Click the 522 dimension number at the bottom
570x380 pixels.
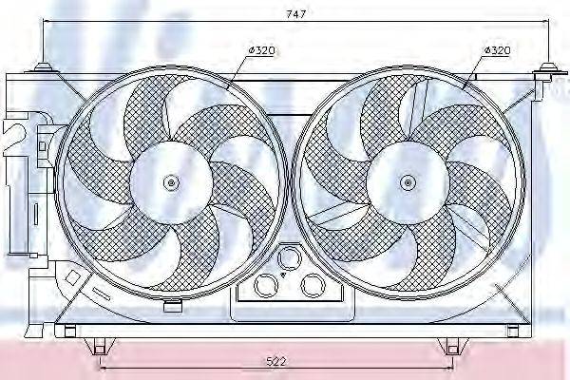pyautogui.click(x=275, y=360)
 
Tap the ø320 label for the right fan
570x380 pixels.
pyautogui.click(x=499, y=49)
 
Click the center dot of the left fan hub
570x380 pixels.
pyautogui.click(x=170, y=182)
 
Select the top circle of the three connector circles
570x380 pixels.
pyautogui.click(x=289, y=256)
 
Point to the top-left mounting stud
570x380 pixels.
pyautogui.click(x=43, y=66)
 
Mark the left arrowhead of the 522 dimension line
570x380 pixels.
pyautogui.click(x=103, y=368)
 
